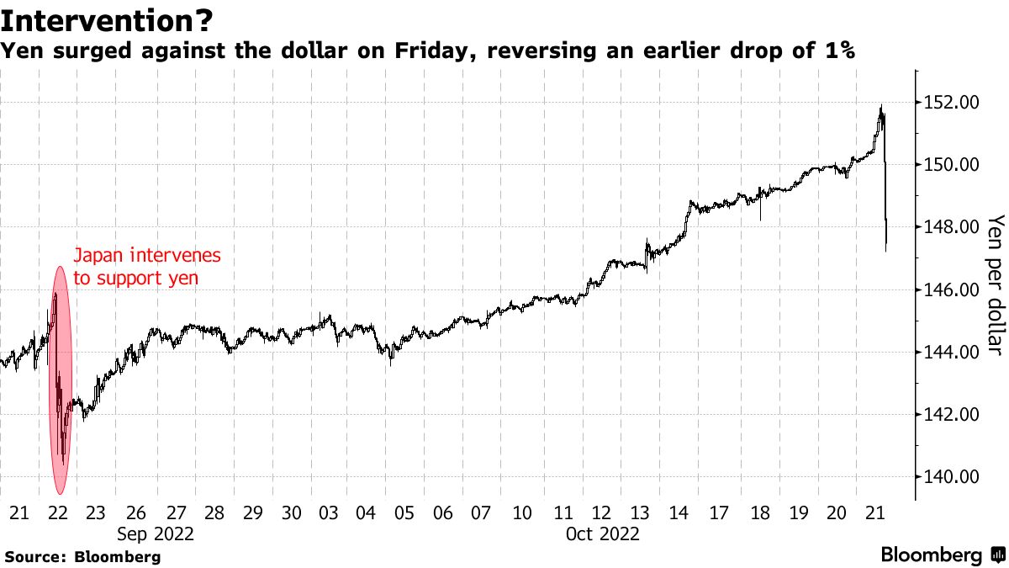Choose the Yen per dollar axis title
(996, 284)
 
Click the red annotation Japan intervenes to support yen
(147, 265)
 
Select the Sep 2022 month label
(156, 533)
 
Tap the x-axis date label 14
(679, 512)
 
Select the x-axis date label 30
(291, 512)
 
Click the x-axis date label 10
(523, 512)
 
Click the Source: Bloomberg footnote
(82, 556)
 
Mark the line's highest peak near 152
(880, 106)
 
